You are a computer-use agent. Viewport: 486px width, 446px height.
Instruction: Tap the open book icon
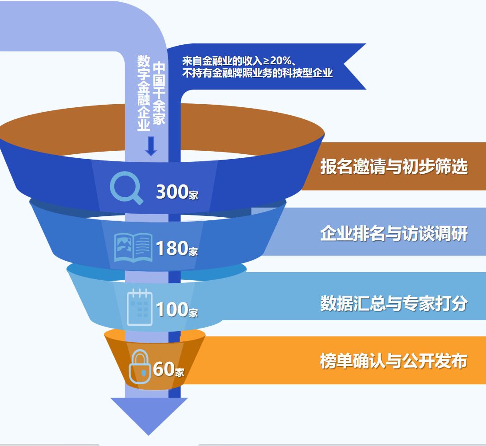click(x=133, y=248)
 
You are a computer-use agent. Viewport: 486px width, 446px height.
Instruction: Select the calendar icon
click(x=140, y=307)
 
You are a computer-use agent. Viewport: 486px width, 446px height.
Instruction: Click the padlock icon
click(x=140, y=367)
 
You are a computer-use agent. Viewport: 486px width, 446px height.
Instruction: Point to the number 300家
click(x=177, y=192)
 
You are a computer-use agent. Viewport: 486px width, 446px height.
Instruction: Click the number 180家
click(x=176, y=249)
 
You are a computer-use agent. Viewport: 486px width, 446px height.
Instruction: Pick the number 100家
click(x=176, y=309)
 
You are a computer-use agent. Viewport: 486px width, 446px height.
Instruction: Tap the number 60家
click(x=169, y=369)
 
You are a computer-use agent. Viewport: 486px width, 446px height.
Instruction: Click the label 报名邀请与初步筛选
click(x=394, y=166)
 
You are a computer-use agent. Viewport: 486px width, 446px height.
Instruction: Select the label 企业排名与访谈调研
click(x=394, y=233)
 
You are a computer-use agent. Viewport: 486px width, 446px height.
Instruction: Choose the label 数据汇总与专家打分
click(x=394, y=303)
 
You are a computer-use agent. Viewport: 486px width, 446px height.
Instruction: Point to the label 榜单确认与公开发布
click(x=394, y=361)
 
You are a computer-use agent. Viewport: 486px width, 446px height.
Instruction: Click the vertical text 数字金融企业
click(x=144, y=93)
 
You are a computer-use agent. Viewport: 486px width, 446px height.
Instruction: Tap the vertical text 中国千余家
click(x=159, y=93)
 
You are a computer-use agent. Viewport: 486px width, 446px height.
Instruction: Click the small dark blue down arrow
click(x=151, y=146)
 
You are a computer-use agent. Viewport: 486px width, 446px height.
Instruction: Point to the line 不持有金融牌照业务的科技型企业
click(x=258, y=73)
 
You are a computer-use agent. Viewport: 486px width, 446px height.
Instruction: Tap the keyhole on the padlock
click(x=144, y=372)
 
